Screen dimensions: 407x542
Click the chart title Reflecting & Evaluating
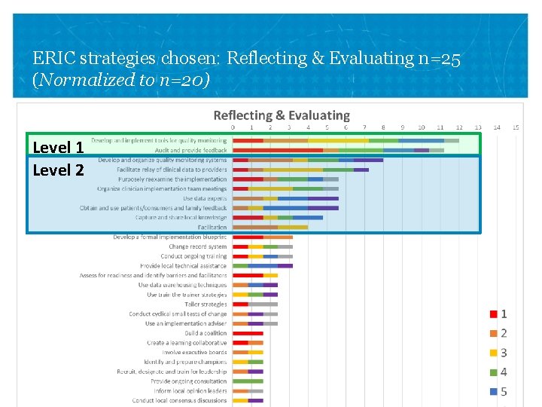pos(282,115)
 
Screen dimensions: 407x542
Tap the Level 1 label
pos(58,147)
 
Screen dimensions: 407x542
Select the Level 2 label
pos(58,170)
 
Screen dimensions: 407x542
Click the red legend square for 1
pos(492,314)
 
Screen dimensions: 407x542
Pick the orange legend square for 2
pos(492,333)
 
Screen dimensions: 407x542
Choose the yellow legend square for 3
pos(492,353)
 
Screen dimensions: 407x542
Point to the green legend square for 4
pos(492,372)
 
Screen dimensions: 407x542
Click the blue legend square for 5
pos(492,392)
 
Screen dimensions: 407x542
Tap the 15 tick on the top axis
pos(516,127)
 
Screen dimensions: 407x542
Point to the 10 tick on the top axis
pos(422,127)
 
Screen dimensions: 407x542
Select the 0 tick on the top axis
pos(233,127)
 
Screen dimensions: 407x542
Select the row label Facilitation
pos(212,227)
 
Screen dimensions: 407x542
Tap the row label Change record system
pos(197,246)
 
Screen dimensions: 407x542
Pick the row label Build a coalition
pos(206,333)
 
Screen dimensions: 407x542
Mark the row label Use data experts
pos(205,198)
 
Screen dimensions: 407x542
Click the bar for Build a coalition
pos(248,333)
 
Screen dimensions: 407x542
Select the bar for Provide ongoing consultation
pos(248,381)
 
